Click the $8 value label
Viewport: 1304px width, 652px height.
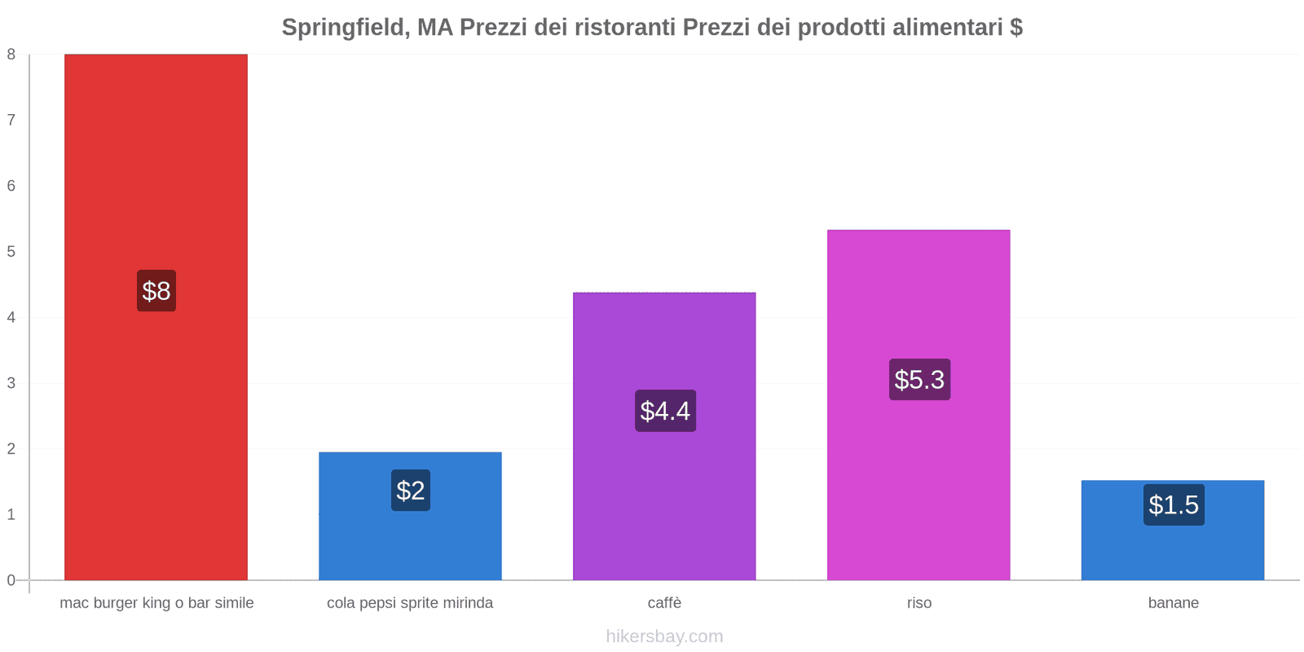click(156, 291)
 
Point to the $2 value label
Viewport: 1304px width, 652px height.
click(410, 491)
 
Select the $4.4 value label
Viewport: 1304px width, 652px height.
click(665, 411)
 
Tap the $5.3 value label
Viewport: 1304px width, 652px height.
click(919, 380)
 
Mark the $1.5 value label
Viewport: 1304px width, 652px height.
click(1174, 505)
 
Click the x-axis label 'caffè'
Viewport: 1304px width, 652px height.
click(664, 603)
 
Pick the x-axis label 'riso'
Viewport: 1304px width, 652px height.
click(919, 603)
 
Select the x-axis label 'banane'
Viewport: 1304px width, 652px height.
click(1173, 603)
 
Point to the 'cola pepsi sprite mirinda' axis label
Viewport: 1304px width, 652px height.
click(410, 603)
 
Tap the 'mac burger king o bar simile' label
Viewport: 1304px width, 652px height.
click(156, 603)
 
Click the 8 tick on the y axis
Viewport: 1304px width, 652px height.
click(11, 55)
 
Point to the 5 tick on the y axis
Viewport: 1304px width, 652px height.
click(11, 252)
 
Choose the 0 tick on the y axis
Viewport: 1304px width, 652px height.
click(11, 580)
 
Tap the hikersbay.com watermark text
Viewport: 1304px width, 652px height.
click(664, 637)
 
